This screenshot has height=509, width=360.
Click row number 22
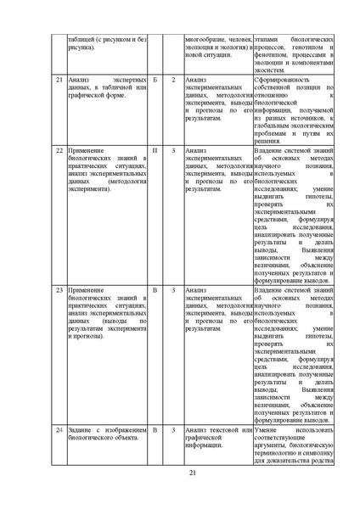59,150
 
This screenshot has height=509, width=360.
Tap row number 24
59,431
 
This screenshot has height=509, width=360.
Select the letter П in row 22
155,150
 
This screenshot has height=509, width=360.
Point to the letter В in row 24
155,431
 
